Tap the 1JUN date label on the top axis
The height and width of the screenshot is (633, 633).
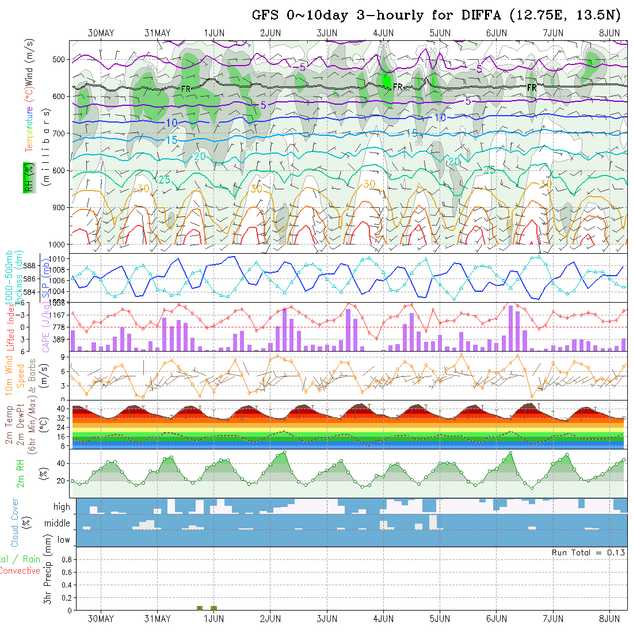(x=213, y=33)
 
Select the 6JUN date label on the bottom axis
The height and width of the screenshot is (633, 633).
(x=496, y=619)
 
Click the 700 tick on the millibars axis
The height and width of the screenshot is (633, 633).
(x=60, y=134)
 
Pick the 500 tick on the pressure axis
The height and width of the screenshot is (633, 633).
(x=60, y=59)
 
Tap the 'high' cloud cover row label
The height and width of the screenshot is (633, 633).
(x=62, y=507)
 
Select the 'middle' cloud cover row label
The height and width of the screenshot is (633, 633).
(x=58, y=524)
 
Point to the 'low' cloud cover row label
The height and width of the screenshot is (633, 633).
(x=63, y=540)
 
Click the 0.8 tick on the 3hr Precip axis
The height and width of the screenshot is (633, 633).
(x=66, y=559)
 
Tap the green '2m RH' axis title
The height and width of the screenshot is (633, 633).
(x=21, y=474)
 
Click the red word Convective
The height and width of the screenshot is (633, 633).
(x=20, y=571)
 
